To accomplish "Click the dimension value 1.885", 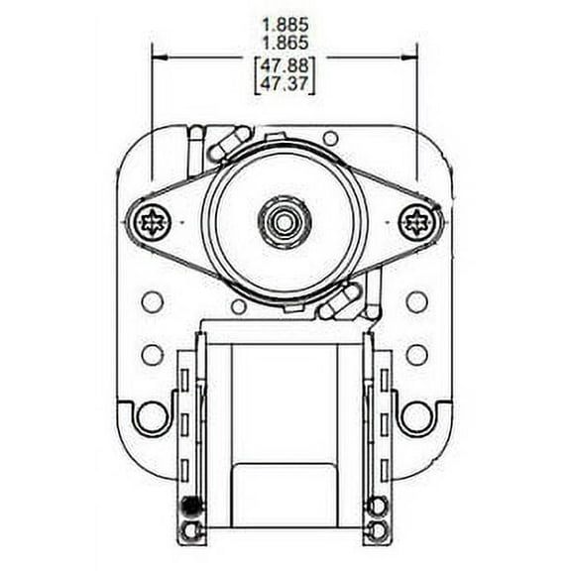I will coord(285,24).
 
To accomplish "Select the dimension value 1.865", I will coord(285,43).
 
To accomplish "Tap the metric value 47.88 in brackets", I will coord(285,65).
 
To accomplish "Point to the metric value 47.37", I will coord(285,84).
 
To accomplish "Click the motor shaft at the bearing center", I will coord(285,221).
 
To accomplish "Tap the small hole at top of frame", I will coord(331,139).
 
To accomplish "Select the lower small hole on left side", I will coord(152,353).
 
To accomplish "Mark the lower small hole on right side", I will coord(417,353).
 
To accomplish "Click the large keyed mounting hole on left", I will coord(152,416).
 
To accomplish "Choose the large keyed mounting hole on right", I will coord(417,416).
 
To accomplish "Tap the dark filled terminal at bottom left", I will coord(190,508).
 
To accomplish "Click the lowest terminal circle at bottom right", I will coord(378,529).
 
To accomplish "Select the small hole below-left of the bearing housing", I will coord(239,306).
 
